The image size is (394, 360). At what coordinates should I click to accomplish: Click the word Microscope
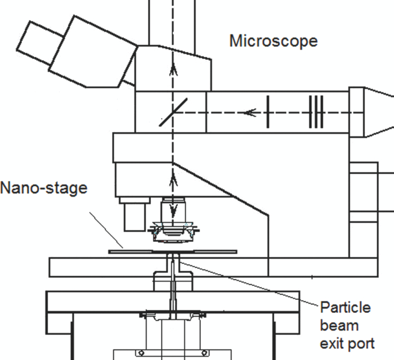(273, 41)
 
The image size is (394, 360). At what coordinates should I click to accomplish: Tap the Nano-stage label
(44, 187)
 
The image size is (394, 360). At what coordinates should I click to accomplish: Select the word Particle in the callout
(345, 308)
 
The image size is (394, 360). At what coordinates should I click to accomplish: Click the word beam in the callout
(339, 325)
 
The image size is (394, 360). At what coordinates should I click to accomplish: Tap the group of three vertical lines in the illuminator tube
(316, 112)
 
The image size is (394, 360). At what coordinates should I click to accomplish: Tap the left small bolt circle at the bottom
(141, 353)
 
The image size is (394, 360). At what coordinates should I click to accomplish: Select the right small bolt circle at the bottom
(206, 353)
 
